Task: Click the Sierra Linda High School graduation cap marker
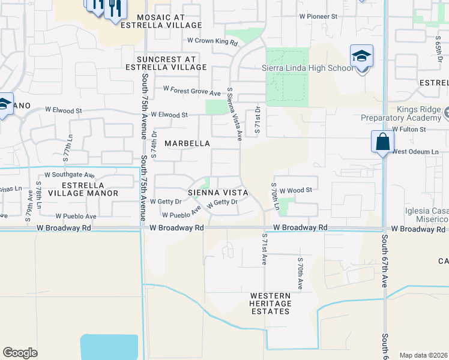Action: point(362,56)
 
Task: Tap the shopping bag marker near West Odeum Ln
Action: point(382,142)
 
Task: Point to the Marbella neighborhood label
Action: point(187,143)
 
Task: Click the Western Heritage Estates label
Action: point(271,304)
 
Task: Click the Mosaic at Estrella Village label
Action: point(161,21)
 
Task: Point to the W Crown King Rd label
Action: point(212,41)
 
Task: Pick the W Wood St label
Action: point(296,190)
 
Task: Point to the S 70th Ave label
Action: point(300,274)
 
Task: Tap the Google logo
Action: point(20,353)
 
